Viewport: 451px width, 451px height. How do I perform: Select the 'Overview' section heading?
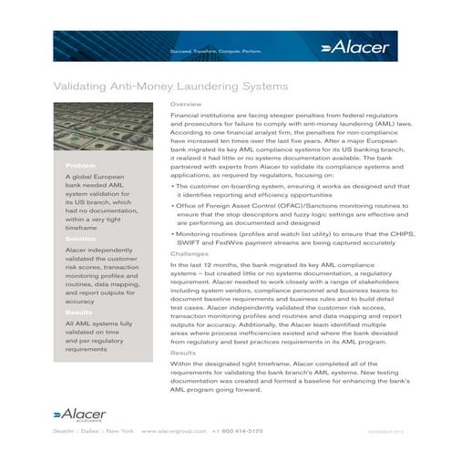[x=184, y=105]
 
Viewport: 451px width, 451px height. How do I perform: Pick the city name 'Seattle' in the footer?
[x=64, y=429]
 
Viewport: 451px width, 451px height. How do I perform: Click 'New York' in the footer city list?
[x=118, y=429]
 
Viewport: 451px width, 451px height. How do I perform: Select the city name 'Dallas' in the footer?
[x=91, y=429]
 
